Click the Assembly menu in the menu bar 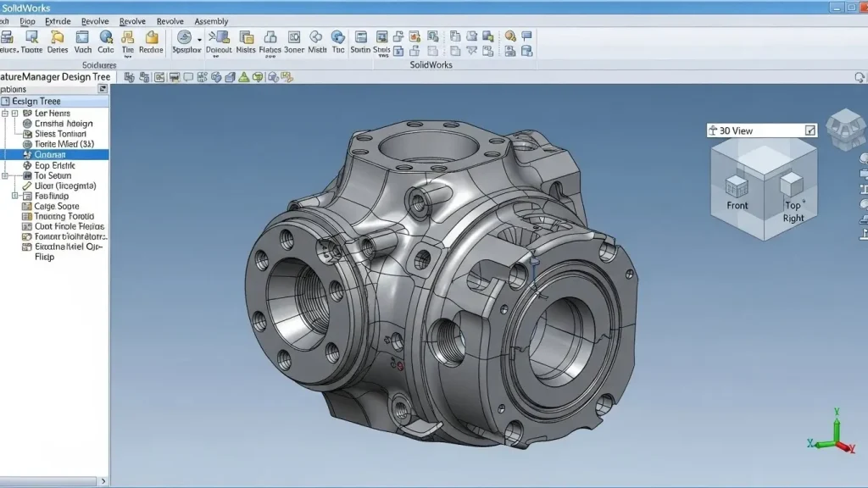[211, 21]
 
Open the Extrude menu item [58, 21]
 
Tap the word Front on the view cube [737, 205]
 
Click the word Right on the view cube [793, 218]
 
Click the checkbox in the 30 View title [810, 130]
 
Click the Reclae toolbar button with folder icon [152, 42]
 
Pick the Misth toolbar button [317, 42]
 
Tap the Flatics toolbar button [270, 42]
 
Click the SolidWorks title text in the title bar [27, 8]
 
